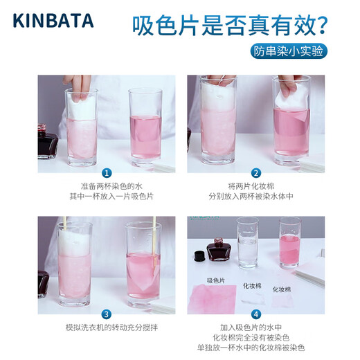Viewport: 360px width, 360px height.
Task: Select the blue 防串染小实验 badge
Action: [288, 51]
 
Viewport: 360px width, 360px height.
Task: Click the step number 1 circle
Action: [107, 173]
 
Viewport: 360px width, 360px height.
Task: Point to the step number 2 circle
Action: [256, 173]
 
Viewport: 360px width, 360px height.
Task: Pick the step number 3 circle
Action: [107, 314]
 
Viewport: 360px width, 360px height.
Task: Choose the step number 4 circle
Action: [256, 314]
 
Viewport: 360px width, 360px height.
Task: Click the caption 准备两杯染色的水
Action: [107, 186]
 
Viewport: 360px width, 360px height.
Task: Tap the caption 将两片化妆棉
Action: [256, 186]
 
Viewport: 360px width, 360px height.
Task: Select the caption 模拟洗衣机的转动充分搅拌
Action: [107, 327]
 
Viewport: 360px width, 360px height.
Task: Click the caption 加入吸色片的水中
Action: [256, 327]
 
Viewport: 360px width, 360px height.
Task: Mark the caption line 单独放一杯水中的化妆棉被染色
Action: [256, 347]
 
